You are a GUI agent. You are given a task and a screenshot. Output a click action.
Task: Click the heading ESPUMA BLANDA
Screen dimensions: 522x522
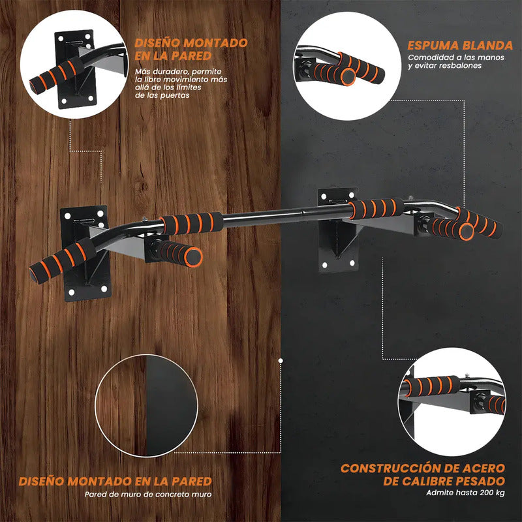coord(460,46)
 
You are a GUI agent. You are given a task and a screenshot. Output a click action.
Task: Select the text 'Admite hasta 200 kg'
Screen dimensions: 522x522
coord(465,493)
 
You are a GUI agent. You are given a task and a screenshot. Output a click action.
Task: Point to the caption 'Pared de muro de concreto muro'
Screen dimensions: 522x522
coord(148,495)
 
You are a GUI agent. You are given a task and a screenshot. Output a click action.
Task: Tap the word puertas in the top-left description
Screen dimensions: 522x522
coord(174,95)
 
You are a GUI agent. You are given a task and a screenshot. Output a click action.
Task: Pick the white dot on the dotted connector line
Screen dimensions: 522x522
coord(281,361)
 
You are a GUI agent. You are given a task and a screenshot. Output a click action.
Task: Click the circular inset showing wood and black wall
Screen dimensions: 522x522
coord(146,405)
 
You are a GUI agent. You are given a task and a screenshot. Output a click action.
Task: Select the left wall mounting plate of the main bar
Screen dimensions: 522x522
coord(86,253)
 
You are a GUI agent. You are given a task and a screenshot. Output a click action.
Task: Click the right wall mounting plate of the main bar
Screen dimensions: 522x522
coord(337,230)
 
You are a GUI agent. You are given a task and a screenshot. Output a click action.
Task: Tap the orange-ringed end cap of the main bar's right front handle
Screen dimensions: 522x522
coord(466,232)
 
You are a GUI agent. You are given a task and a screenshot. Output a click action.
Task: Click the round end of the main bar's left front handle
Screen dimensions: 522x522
coord(194,256)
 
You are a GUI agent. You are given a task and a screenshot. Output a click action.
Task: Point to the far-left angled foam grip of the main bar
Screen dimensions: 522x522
coord(63,261)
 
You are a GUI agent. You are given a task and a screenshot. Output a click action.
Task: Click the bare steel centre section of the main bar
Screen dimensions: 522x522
coord(286,215)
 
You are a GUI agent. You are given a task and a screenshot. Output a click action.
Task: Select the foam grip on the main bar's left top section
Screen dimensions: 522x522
coord(191,223)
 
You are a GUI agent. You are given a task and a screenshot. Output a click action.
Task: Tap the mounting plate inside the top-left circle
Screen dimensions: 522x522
coord(75,69)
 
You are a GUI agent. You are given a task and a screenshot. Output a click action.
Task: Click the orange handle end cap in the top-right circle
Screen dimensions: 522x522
coord(348,77)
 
